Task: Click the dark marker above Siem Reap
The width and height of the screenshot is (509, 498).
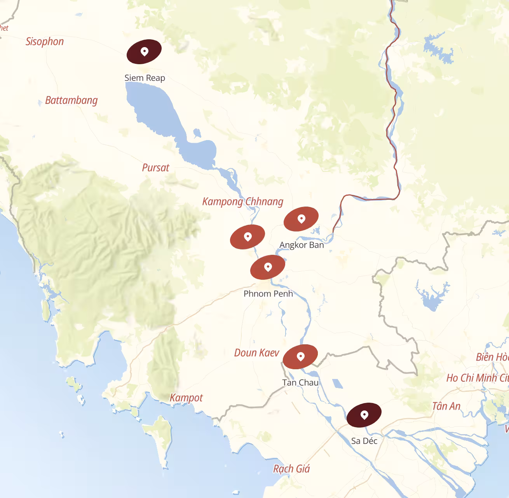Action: [144, 51]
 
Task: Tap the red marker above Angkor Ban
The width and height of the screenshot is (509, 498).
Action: [301, 219]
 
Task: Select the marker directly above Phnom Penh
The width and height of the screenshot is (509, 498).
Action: [268, 267]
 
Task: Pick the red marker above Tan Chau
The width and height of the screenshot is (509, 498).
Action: [300, 356]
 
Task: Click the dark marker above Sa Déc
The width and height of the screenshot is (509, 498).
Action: [364, 415]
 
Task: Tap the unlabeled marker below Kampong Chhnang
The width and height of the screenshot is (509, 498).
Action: [248, 237]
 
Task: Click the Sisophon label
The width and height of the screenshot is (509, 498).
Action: [45, 42]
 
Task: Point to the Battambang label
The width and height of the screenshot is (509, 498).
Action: [71, 100]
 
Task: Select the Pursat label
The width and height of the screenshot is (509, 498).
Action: [155, 168]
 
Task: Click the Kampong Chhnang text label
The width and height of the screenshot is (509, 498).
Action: [243, 202]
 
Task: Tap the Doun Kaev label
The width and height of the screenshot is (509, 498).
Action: [256, 353]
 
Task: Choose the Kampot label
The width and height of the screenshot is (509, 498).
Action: [186, 398]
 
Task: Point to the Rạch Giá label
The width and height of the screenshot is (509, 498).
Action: [291, 469]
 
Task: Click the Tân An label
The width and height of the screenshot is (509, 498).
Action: [446, 406]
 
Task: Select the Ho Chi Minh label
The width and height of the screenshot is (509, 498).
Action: [478, 378]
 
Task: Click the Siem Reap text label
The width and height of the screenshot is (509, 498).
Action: [145, 78]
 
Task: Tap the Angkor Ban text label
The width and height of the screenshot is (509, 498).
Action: [302, 245]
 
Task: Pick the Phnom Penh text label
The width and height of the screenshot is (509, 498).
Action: [268, 294]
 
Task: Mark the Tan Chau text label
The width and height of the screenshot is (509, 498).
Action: [300, 382]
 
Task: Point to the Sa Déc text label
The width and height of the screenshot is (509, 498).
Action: [364, 441]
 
